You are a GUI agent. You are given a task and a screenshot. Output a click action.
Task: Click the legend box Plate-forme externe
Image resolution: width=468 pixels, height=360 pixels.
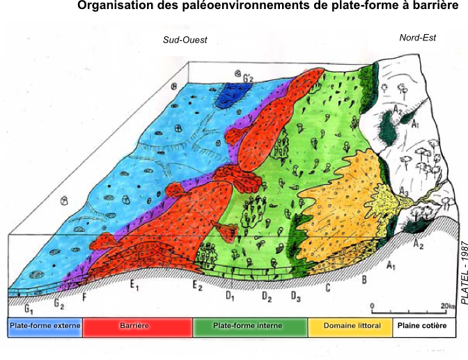(45, 326)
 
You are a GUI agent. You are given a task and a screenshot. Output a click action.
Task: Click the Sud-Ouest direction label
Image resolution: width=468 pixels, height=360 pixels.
(185, 40)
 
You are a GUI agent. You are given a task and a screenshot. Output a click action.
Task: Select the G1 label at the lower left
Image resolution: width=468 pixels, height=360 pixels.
(29, 308)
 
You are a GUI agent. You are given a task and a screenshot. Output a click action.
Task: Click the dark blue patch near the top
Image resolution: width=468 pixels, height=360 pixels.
(231, 96)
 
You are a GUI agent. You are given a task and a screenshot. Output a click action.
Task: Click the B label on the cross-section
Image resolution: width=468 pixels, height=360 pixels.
(364, 281)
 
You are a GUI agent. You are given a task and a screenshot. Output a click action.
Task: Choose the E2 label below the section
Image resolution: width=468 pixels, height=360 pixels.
(198, 286)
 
